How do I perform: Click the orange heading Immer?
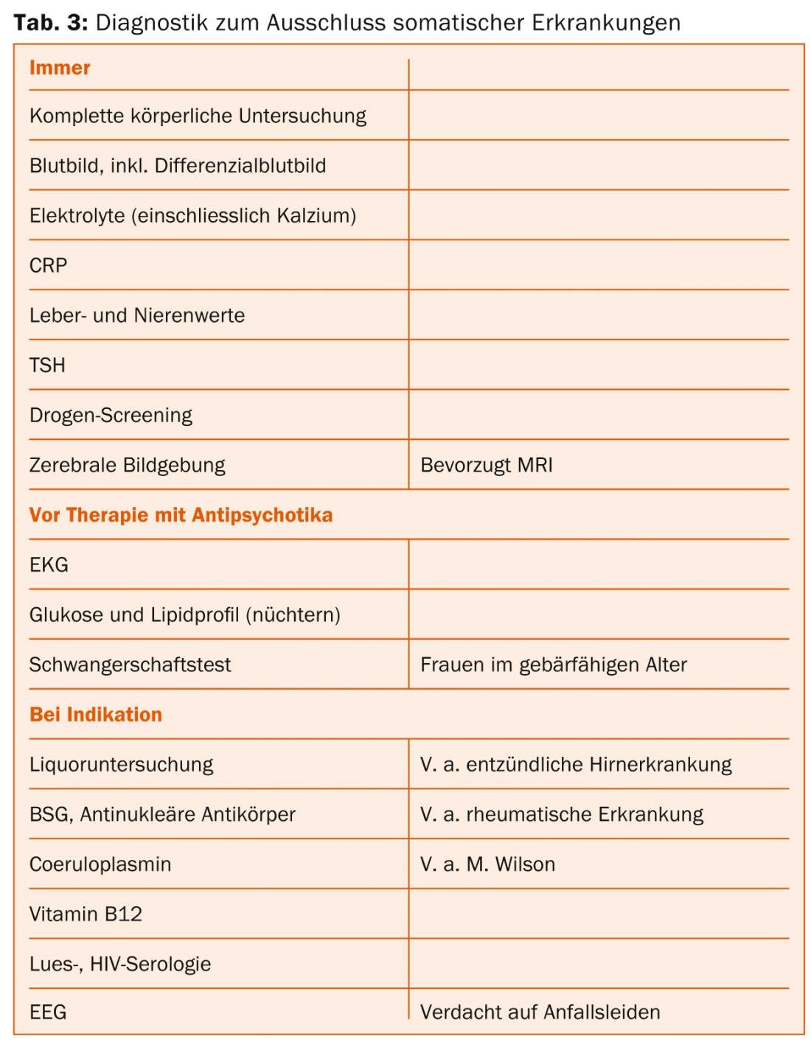point(60,68)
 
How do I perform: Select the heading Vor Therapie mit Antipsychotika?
point(181,515)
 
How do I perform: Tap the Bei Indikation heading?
point(96,715)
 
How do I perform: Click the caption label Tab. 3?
point(50,23)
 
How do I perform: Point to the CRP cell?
point(49,265)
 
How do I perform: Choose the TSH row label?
point(48,365)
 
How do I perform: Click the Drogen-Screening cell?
point(111,416)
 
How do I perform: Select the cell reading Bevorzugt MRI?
point(487,466)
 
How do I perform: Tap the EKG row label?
point(49,565)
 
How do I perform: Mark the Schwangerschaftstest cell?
point(130,665)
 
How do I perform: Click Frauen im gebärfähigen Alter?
point(553,665)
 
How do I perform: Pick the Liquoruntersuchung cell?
point(121,765)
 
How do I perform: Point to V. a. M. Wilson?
point(487,864)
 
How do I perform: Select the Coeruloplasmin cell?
point(100,864)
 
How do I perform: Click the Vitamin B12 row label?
point(86,914)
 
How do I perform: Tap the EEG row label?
point(48,1012)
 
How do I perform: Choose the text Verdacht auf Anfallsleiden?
point(540,1012)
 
